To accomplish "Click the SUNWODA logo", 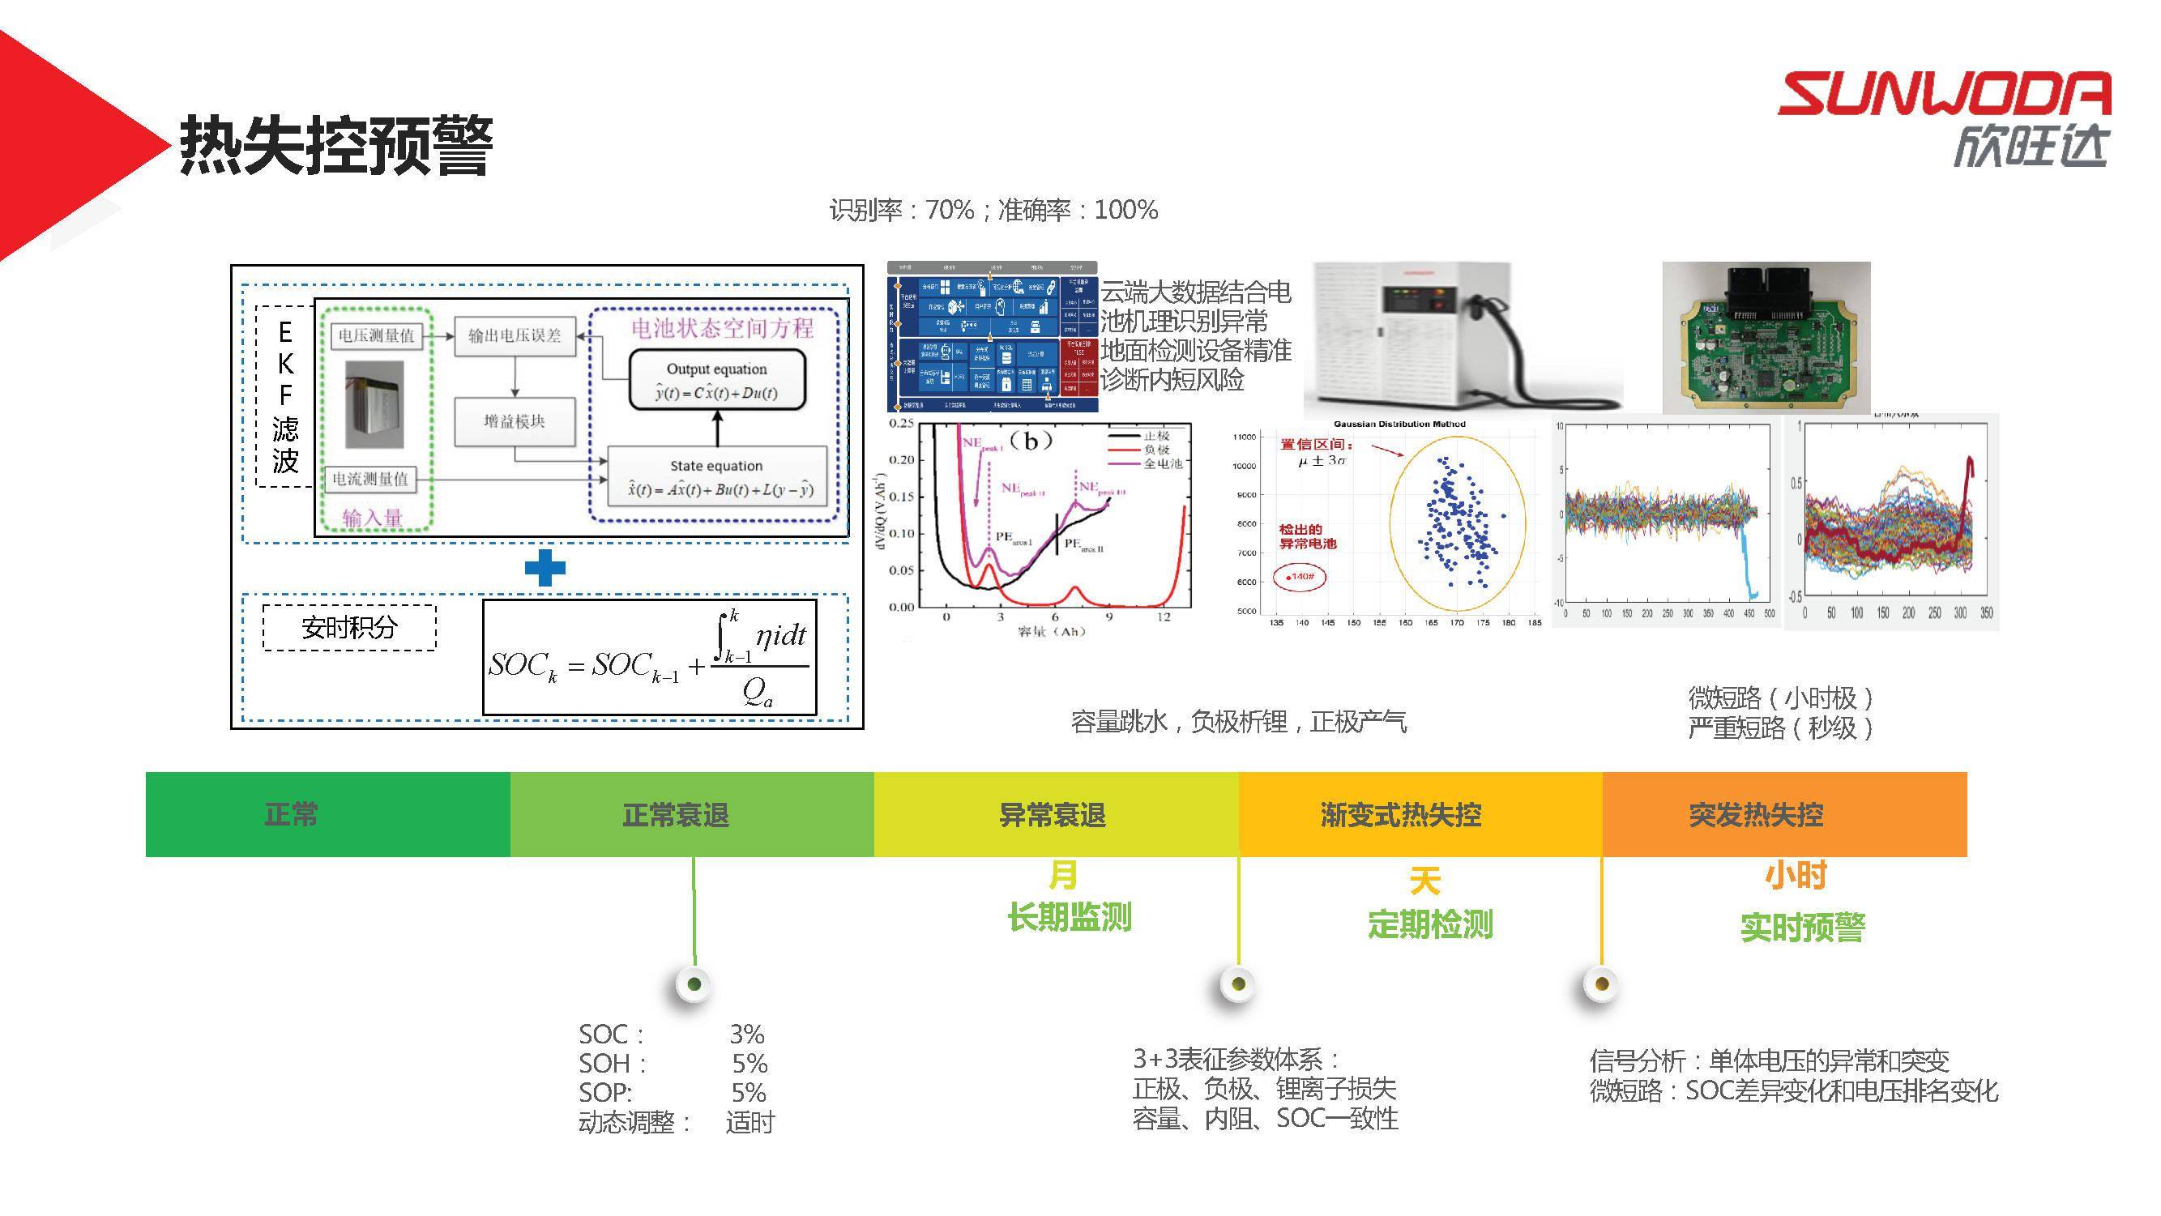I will click(1945, 117).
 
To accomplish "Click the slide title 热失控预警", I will click(335, 146).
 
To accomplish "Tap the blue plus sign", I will click(545, 568).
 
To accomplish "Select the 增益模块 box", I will click(515, 422).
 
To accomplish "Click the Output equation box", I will click(717, 381).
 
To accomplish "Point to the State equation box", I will click(717, 478).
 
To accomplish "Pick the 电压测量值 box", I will click(376, 336).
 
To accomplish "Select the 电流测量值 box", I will click(370, 479).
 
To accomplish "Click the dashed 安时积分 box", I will click(349, 627).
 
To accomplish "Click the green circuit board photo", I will click(1766, 337).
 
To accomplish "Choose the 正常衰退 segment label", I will click(675, 815).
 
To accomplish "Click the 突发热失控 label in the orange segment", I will click(1756, 815).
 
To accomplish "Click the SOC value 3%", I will click(746, 1034).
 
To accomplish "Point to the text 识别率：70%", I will click(901, 210).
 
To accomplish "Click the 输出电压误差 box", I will click(515, 336).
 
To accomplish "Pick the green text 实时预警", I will click(1802, 928).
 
